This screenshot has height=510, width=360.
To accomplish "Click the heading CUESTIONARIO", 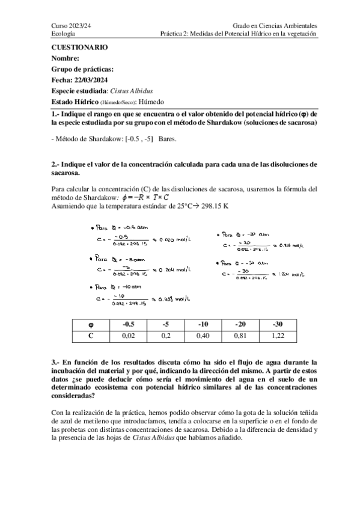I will click(x=79, y=47).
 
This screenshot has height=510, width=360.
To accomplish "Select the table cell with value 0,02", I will click(x=127, y=336).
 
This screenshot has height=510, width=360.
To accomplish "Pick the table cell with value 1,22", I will click(x=277, y=336).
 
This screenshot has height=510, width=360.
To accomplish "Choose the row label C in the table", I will click(x=90, y=336).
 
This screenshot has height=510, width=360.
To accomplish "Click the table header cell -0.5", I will click(x=127, y=325).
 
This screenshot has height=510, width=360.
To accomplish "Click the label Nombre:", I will click(x=66, y=58).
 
